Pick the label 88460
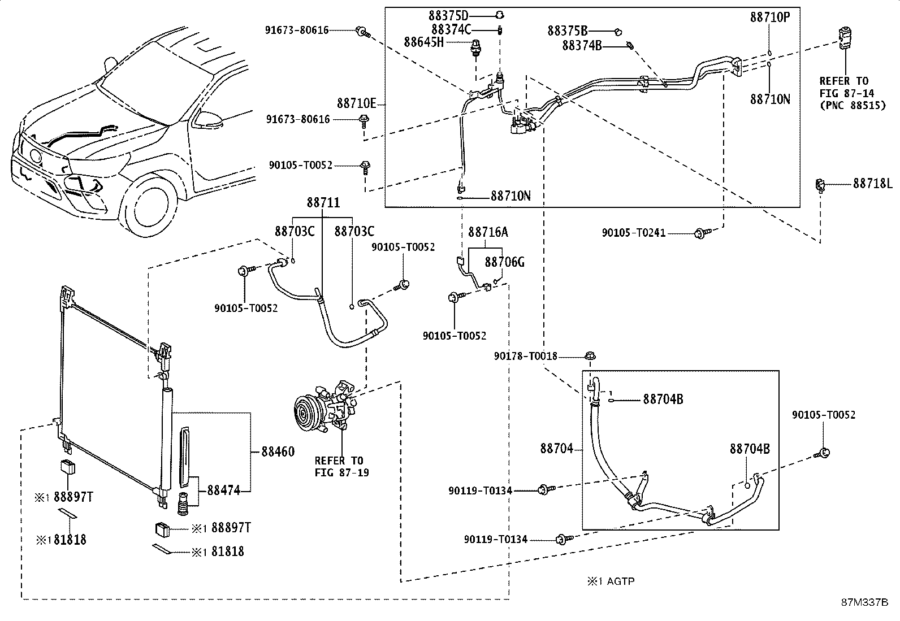278,451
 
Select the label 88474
223,490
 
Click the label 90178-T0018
525,356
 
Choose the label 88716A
488,232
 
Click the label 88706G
505,262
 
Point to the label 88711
323,202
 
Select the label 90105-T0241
633,232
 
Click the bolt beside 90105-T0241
702,232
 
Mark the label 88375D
450,15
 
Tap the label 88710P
769,18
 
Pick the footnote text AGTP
621,581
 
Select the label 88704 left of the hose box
556,449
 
